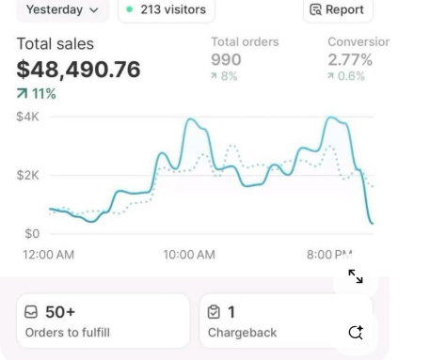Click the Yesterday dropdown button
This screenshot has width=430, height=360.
tap(61, 10)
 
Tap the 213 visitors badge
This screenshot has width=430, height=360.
tap(167, 10)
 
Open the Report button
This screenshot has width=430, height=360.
tap(341, 10)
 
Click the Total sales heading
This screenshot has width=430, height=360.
tap(56, 44)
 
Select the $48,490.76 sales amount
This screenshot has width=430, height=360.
tap(79, 70)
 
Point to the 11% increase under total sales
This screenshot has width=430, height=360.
tap(37, 94)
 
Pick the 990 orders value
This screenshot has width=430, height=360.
tap(226, 60)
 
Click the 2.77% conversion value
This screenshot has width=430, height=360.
tap(350, 60)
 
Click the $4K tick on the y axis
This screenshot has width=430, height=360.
tap(28, 117)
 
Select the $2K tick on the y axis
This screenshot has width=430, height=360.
tap(28, 176)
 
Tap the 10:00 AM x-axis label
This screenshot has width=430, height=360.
tap(188, 255)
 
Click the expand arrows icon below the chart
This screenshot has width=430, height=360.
tap(356, 276)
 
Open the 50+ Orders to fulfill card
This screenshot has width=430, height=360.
tap(102, 321)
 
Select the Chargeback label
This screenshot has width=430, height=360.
tap(243, 333)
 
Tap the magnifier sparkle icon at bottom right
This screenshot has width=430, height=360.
tap(356, 332)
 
